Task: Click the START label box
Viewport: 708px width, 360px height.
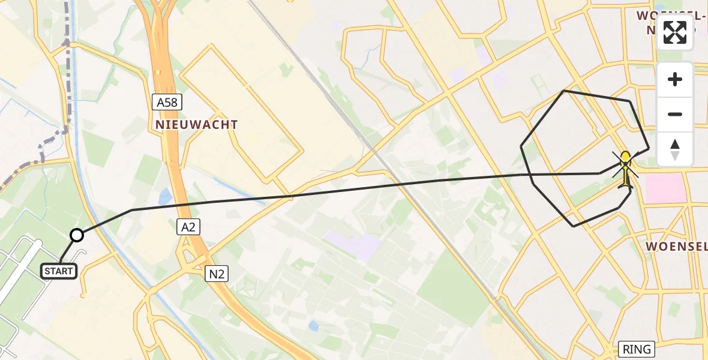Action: point(59,271)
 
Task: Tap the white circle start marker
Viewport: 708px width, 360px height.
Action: point(77,235)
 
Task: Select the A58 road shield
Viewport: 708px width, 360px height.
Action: point(167,103)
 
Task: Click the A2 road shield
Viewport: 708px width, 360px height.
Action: point(188,226)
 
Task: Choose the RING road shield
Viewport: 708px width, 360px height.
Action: point(637,349)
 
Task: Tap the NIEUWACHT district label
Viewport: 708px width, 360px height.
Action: point(196,125)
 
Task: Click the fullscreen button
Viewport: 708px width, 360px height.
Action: point(675,32)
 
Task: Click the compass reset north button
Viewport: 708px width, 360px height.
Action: point(675,149)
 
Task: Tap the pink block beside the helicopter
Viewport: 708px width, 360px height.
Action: point(665,188)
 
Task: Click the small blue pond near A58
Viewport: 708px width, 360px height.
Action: point(165,196)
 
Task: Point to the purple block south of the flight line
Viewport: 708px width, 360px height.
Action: point(354,245)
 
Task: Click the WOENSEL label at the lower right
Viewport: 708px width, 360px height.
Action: point(670,247)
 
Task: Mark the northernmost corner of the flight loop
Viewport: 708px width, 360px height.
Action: point(563,91)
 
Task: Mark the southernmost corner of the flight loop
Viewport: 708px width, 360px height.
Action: point(574,226)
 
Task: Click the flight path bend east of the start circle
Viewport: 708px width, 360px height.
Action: point(131,210)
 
